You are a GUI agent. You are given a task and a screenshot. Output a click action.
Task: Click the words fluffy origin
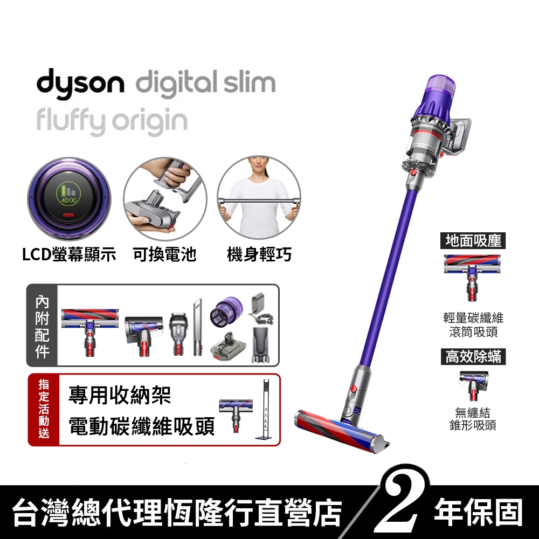(x=112, y=122)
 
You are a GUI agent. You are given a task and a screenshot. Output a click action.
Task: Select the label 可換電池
(x=164, y=254)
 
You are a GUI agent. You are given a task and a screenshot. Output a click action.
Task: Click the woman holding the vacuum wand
(x=259, y=199)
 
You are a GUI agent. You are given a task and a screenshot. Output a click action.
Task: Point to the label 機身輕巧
(x=259, y=254)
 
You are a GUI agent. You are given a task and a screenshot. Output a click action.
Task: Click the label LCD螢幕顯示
(x=69, y=254)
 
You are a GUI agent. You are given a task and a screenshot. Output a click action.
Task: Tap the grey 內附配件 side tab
(x=42, y=326)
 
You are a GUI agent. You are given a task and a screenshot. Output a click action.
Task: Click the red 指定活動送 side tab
(x=43, y=409)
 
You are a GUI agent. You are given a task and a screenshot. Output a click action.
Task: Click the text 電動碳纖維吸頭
(x=142, y=426)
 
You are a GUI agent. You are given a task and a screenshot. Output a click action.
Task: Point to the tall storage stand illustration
(x=264, y=410)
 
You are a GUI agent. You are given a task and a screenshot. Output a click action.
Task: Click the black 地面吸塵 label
(x=473, y=241)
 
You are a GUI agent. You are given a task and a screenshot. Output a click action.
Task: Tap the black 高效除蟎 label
(x=473, y=356)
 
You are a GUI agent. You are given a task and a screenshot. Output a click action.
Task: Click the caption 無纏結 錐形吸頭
(x=473, y=419)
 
